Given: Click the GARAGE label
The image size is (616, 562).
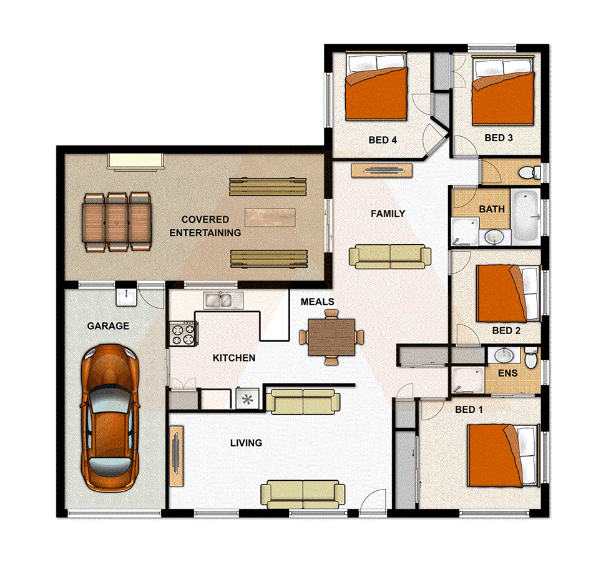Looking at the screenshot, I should click(x=108, y=326).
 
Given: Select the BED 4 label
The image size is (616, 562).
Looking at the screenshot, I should click(x=383, y=140).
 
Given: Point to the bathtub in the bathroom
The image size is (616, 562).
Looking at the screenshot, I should click(x=526, y=215).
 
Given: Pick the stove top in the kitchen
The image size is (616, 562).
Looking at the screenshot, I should click(x=182, y=333).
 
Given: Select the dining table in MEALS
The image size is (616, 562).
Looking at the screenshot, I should click(x=331, y=337).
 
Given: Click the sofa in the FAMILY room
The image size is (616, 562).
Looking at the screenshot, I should click(x=390, y=256).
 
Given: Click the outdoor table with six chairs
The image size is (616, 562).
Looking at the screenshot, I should click(x=117, y=222).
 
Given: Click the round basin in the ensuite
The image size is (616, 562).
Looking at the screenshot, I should click(x=503, y=356).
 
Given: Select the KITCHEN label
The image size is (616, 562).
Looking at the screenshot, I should click(x=234, y=358).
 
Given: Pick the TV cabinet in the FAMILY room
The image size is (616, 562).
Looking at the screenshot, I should click(x=381, y=170).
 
